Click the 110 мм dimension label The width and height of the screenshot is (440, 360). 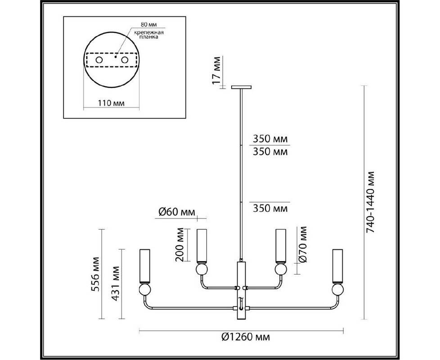point(111,103)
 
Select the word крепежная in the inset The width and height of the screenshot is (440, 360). point(149,32)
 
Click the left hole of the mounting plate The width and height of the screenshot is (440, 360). point(99,60)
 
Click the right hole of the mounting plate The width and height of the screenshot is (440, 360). point(125,60)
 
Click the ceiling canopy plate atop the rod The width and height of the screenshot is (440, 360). point(241,87)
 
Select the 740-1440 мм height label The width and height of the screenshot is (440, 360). point(370,202)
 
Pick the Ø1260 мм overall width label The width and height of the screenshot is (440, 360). point(246,337)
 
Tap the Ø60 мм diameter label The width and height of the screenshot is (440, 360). point(176,212)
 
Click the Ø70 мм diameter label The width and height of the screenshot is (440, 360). point(302,244)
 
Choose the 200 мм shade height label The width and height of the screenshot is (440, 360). point(180,245)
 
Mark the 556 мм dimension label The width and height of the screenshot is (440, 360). point(96,274)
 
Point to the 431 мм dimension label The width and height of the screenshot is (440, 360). point(116,283)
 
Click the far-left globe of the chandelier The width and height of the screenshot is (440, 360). point(144,289)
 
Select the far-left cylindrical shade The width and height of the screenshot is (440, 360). point(144,266)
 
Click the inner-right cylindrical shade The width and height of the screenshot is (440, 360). point(281,246)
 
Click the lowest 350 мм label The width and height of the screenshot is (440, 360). point(270,208)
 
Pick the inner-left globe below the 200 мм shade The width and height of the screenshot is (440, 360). point(202,270)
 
